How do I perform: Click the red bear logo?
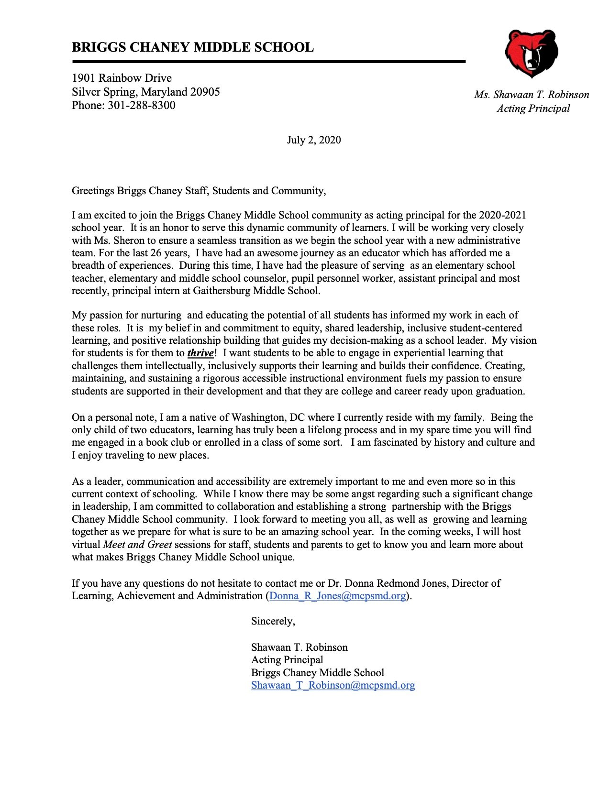(x=531, y=53)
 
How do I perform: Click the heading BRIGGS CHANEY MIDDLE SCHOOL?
(x=192, y=47)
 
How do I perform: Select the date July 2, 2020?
(x=314, y=140)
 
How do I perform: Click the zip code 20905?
(x=205, y=92)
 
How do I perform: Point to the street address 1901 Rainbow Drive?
(x=122, y=78)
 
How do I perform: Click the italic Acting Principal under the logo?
(x=533, y=109)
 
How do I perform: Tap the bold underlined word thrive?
(x=200, y=353)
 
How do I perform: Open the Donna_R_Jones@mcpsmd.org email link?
(x=338, y=596)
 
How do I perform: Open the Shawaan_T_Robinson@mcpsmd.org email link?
(x=333, y=685)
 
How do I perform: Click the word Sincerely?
(x=273, y=621)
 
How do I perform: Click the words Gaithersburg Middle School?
(x=256, y=291)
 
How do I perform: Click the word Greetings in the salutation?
(x=93, y=191)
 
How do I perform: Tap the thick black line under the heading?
(x=268, y=62)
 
